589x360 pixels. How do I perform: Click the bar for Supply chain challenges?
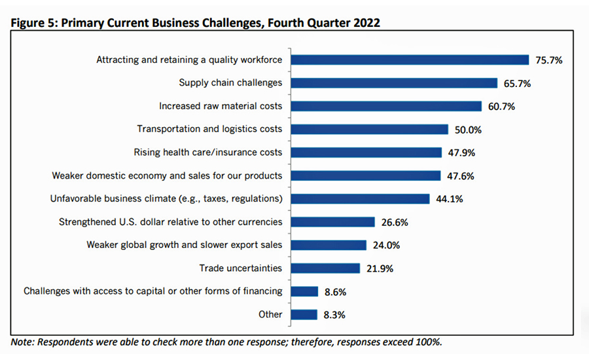(x=394, y=82)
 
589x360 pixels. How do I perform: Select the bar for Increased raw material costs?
(x=386, y=106)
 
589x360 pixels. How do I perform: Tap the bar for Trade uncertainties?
(x=325, y=268)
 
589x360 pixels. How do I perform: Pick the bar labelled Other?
(x=304, y=314)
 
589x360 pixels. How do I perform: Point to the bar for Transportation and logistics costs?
(x=369, y=129)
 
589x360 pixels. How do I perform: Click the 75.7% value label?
(x=549, y=60)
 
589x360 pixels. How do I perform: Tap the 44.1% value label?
(x=450, y=199)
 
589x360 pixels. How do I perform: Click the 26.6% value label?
(x=395, y=222)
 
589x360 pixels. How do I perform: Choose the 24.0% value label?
(x=386, y=245)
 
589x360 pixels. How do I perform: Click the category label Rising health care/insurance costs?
(x=208, y=153)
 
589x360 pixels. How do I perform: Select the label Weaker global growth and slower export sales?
(x=185, y=245)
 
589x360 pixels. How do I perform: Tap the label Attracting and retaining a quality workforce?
(x=189, y=60)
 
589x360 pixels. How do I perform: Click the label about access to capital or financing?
(x=153, y=291)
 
